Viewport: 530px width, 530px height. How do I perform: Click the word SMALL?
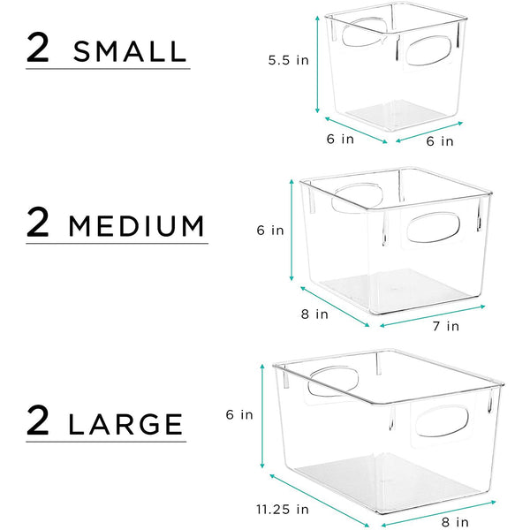coord(131,50)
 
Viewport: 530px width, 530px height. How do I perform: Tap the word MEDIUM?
coord(136,226)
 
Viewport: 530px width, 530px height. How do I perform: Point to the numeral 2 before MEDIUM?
coord(39,223)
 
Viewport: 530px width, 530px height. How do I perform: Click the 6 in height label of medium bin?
coord(270,230)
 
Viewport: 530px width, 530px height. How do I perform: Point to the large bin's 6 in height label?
coord(240,413)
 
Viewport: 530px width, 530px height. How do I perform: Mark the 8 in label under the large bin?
coord(455,521)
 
